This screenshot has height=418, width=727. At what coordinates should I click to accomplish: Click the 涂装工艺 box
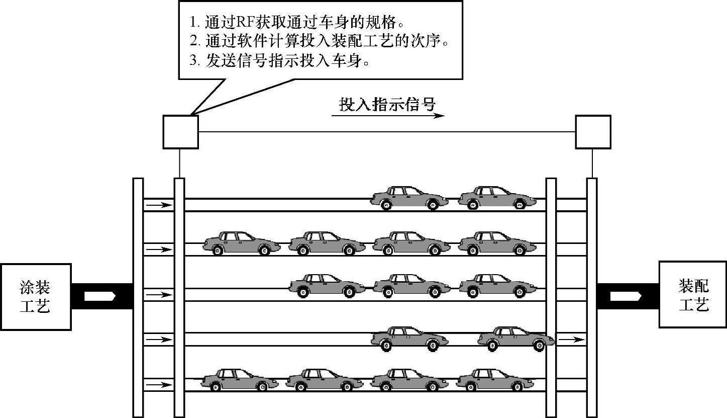[x=35, y=296]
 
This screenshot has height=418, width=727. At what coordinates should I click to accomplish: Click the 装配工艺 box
[x=693, y=295]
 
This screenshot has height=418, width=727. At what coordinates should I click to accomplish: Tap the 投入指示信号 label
[x=386, y=105]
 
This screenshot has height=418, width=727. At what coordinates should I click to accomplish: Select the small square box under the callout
[x=180, y=132]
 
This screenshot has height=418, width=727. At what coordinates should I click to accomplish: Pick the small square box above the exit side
[x=593, y=132]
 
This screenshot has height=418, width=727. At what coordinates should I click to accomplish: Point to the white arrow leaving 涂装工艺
[x=100, y=296]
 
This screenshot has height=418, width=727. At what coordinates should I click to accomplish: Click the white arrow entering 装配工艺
[x=626, y=296]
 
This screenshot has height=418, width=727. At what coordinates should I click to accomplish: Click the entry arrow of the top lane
[x=158, y=205]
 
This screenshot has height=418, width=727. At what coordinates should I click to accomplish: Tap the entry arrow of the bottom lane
[x=158, y=385]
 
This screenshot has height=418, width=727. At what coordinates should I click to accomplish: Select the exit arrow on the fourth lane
[x=571, y=340]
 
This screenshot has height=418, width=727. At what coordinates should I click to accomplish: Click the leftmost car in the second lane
[x=241, y=242]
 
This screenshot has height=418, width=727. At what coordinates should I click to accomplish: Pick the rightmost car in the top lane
[x=497, y=198]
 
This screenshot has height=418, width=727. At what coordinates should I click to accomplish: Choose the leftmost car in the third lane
[x=327, y=285]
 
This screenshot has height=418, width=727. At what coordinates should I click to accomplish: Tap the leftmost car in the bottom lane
[x=239, y=380]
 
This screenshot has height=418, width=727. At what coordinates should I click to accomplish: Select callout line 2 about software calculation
[x=319, y=41]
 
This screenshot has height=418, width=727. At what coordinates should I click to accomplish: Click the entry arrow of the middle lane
[x=158, y=294]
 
